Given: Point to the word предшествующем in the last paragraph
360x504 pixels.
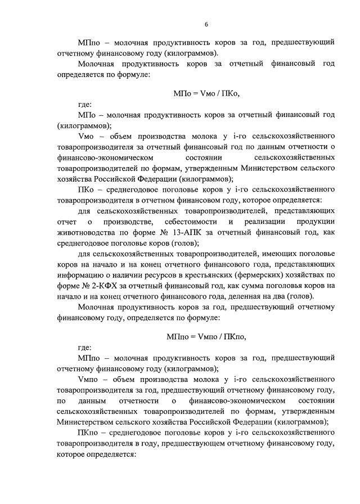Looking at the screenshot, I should tap(186, 443).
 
